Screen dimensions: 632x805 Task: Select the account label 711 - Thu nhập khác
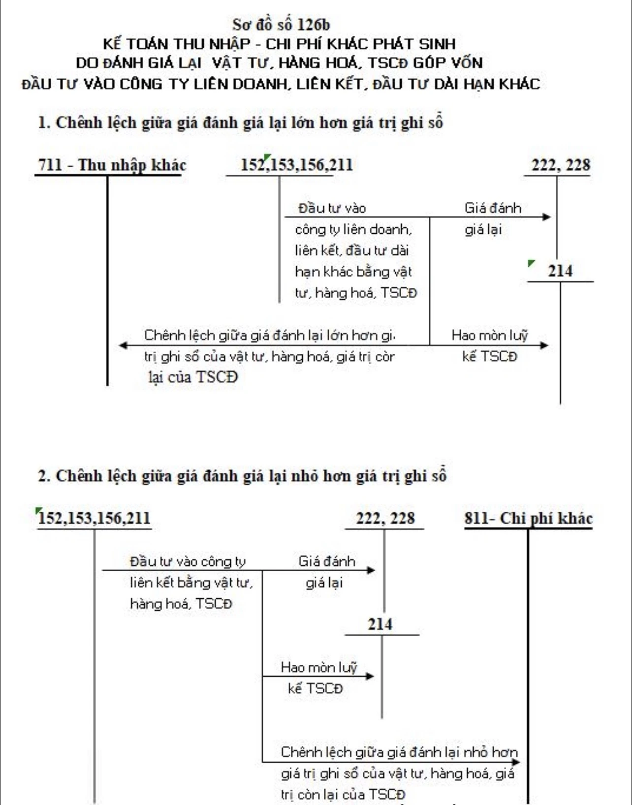(112, 165)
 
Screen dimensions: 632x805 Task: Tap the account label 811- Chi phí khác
(529, 518)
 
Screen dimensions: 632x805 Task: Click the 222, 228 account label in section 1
(561, 165)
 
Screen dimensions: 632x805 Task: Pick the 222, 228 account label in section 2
(385, 518)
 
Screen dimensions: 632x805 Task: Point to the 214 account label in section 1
(560, 271)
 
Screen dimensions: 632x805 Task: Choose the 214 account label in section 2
(379, 624)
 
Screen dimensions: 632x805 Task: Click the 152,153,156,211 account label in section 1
(297, 165)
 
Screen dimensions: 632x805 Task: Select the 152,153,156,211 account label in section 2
(95, 518)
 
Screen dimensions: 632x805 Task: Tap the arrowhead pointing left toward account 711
(123, 345)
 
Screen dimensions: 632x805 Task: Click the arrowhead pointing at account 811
(516, 762)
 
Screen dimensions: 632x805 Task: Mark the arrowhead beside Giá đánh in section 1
(547, 217)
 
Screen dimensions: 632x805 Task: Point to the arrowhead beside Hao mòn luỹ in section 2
(370, 677)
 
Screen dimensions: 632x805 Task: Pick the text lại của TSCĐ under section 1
(192, 377)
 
